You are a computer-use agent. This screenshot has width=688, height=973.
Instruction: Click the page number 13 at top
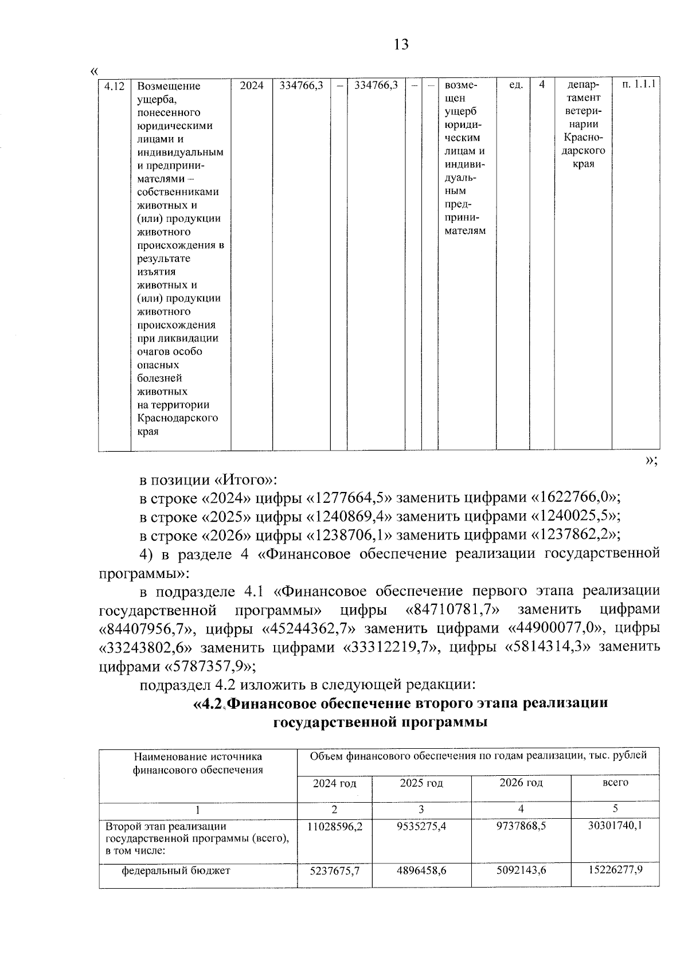(x=401, y=44)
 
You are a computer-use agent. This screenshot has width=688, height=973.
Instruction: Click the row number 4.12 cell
(x=114, y=86)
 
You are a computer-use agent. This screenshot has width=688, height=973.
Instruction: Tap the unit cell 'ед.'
(x=515, y=85)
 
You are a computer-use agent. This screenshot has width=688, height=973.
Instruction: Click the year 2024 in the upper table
(x=251, y=85)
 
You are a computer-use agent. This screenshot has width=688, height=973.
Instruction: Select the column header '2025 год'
(x=421, y=783)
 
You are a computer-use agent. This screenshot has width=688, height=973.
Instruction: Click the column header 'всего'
(x=615, y=783)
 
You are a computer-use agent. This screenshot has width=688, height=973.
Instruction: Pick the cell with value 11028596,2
(x=335, y=827)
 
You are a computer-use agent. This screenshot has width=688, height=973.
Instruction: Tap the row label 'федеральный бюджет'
(x=176, y=871)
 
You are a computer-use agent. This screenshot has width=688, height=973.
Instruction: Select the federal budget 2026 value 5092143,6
(x=521, y=870)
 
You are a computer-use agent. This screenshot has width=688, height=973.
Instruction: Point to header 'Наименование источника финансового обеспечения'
(x=198, y=763)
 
